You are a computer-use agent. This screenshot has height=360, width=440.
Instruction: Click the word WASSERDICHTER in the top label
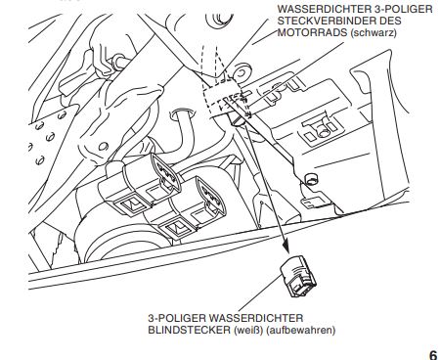click(x=328, y=9)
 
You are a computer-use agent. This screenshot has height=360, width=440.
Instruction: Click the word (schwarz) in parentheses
click(x=374, y=33)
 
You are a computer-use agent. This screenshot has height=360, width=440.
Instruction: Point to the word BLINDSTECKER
click(x=190, y=330)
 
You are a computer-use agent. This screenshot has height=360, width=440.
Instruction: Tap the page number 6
click(x=433, y=355)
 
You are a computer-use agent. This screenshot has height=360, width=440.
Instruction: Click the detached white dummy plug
click(x=298, y=276)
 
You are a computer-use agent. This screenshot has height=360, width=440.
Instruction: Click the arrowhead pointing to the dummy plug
click(x=286, y=246)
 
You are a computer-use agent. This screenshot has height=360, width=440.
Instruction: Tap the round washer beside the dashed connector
click(x=242, y=72)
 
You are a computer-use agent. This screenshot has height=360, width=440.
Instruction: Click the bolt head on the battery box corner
click(x=311, y=178)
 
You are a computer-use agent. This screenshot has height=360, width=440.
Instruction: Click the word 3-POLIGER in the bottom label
click(x=177, y=318)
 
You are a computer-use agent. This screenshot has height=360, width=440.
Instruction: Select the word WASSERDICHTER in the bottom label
click(x=256, y=318)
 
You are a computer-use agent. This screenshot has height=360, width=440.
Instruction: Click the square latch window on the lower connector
click(x=178, y=228)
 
